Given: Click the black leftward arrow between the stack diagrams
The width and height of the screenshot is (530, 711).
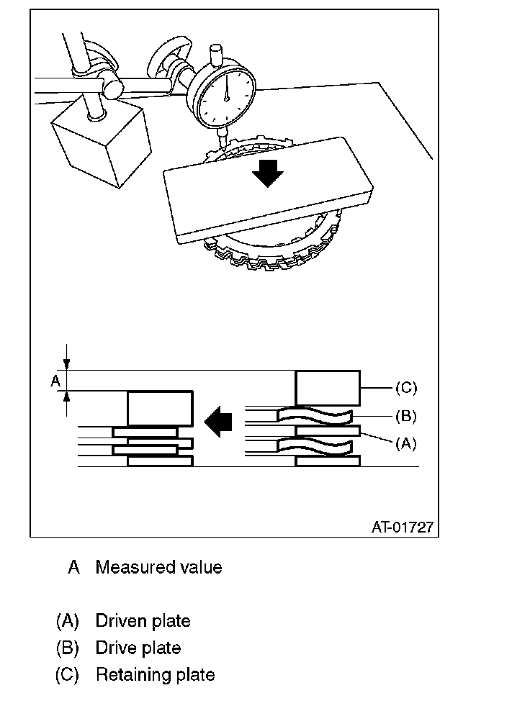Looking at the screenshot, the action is click(x=218, y=421).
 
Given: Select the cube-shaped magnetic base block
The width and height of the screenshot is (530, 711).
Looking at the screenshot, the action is click(x=102, y=140).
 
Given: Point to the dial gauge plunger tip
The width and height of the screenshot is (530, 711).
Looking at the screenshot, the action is click(x=223, y=147).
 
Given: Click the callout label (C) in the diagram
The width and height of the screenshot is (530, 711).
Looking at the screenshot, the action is click(x=405, y=388).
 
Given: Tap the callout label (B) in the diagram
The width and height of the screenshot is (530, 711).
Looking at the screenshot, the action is click(x=405, y=416).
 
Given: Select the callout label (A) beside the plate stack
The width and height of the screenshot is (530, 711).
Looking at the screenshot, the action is click(x=405, y=443).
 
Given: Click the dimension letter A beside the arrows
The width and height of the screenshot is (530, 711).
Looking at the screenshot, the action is click(x=55, y=381).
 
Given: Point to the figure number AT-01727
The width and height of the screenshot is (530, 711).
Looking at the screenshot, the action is click(x=403, y=527).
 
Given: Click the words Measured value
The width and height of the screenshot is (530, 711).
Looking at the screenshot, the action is click(x=159, y=567).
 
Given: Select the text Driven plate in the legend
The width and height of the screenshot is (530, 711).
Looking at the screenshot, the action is click(x=143, y=621).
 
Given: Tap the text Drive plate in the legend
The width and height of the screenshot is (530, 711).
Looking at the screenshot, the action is click(x=138, y=648).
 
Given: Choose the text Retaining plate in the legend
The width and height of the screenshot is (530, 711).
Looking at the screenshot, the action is click(x=156, y=675).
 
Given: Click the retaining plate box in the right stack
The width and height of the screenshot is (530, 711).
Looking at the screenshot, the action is click(x=328, y=388).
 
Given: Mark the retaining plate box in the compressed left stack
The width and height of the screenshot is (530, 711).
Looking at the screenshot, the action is click(x=160, y=409).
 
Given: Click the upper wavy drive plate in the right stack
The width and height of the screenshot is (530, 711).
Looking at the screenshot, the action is click(x=315, y=416).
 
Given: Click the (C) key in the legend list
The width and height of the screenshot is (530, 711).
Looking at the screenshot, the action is click(x=67, y=675).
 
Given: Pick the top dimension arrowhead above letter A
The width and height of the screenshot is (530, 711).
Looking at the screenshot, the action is click(x=67, y=364).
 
